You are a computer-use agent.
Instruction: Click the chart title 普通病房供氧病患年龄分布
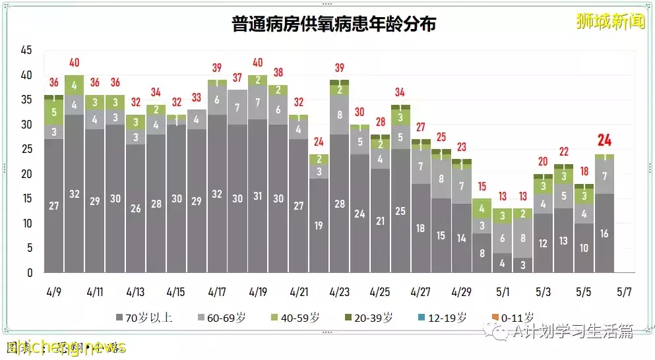[x=334, y=24]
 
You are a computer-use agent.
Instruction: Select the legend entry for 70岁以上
[x=144, y=317]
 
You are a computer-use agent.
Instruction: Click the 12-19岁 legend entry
[x=442, y=317]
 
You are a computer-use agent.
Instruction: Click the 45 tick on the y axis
[x=26, y=51]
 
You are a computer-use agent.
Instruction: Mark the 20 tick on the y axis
[x=26, y=174]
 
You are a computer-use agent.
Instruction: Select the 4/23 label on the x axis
[x=339, y=291]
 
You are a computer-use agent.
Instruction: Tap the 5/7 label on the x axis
[x=624, y=291]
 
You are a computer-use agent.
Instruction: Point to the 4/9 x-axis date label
[x=53, y=291]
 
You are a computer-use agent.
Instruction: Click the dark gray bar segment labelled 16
[x=604, y=233]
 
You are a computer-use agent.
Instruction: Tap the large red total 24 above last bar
[x=604, y=140]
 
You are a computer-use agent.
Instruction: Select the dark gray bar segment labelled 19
[x=319, y=225]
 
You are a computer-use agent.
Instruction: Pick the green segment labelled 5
[x=53, y=112]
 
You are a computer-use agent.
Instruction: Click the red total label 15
[x=482, y=187]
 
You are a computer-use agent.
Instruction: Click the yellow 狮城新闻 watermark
[x=610, y=21]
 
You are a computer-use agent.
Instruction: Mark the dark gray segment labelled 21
[x=380, y=221]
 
